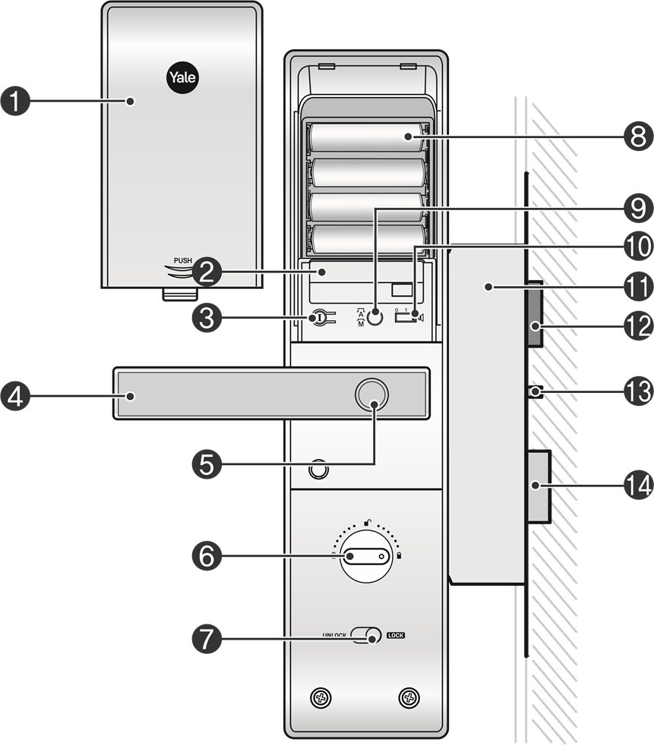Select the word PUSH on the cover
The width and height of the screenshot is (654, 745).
(183, 261)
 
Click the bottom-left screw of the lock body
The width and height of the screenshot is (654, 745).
(321, 696)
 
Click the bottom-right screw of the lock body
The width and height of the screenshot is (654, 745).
(409, 696)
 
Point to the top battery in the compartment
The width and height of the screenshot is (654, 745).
(368, 137)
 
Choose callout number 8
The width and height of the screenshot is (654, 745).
(638, 137)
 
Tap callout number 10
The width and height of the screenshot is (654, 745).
(638, 245)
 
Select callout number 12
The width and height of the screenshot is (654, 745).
(638, 326)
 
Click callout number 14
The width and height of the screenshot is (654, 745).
(638, 485)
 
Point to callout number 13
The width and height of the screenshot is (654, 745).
(638, 391)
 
